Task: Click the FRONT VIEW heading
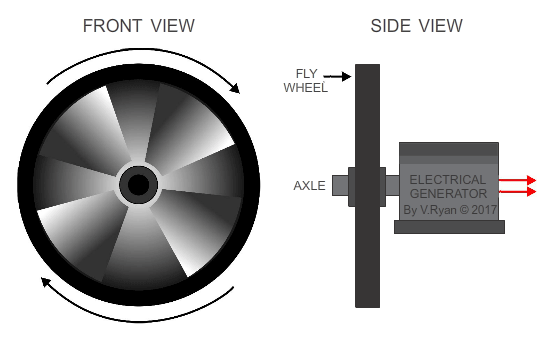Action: coord(139,25)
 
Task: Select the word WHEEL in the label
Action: coord(305,87)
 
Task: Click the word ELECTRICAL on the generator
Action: coord(447,180)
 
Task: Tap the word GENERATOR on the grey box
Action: coord(447,193)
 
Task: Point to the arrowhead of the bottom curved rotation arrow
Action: coord(44,282)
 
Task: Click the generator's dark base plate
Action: coord(449,227)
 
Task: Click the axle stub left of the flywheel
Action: coord(340,186)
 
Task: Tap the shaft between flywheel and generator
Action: coord(391,186)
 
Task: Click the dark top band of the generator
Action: coord(448,148)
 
